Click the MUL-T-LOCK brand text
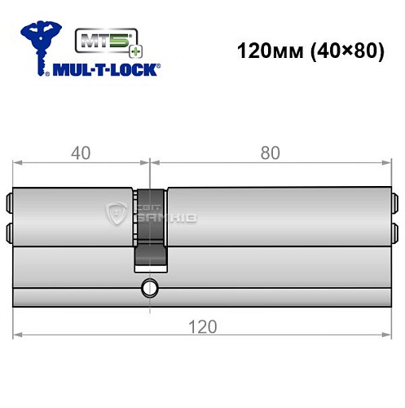106,69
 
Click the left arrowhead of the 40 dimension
19,162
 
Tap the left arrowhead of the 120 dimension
19,335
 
